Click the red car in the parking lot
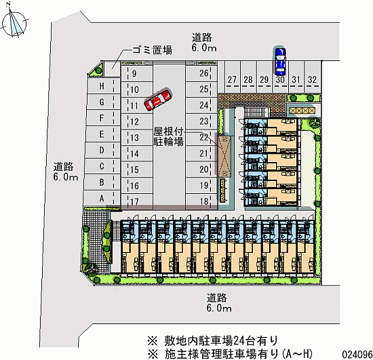pyautogui.click(x=158, y=100)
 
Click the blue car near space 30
pyautogui.click(x=280, y=61)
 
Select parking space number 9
pyautogui.click(x=137, y=73)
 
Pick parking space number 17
pyautogui.click(x=137, y=201)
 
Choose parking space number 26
pyautogui.click(x=201, y=73)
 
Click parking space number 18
pyautogui.click(x=201, y=201)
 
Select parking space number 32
pyautogui.click(x=313, y=77)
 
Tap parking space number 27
pyautogui.click(x=232, y=77)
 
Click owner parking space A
pyautogui.click(x=102, y=198)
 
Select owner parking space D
pyautogui.click(x=102, y=150)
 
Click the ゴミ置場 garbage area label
pyautogui.click(x=152, y=50)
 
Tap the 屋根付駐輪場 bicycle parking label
pyautogui.click(x=168, y=136)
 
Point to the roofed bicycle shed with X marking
pyautogui.click(x=224, y=156)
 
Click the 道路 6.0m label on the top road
pyautogui.click(x=204, y=43)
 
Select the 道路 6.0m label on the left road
pyautogui.click(x=65, y=172)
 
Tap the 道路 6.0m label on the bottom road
pyautogui.click(x=219, y=302)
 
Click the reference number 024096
pyautogui.click(x=357, y=355)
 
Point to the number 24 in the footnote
pyautogui.click(x=239, y=341)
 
